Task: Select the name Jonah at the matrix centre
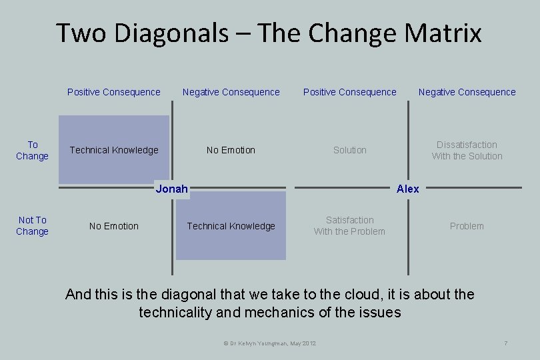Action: click(171, 189)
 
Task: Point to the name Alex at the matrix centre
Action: click(407, 189)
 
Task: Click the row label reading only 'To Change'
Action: click(32, 150)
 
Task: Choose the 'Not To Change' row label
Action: click(32, 225)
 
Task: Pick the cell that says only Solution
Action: click(349, 150)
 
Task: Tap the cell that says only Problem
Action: click(467, 226)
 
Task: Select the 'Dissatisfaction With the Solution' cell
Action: click(467, 150)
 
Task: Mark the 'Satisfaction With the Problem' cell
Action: click(349, 225)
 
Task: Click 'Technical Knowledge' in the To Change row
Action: click(114, 150)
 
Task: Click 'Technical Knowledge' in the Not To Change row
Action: click(231, 226)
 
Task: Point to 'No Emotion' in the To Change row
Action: click(231, 150)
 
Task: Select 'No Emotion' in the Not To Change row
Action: click(114, 226)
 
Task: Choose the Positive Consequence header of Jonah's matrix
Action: click(114, 92)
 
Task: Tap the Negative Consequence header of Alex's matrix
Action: click(467, 92)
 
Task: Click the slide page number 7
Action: click(506, 343)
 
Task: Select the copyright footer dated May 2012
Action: click(269, 343)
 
